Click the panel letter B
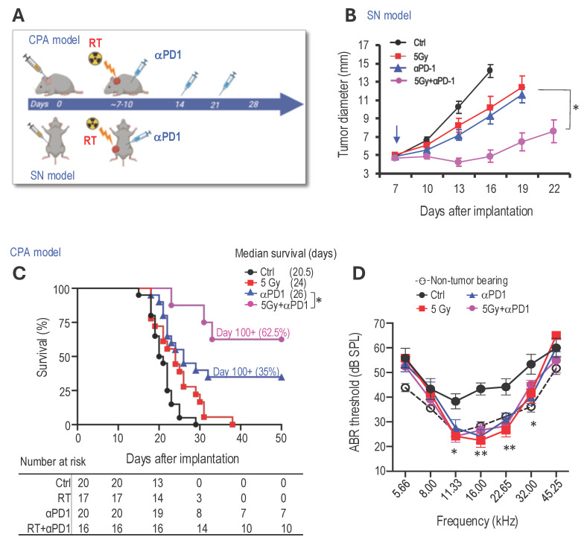pyautogui.click(x=351, y=15)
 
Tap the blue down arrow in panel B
pyautogui.click(x=396, y=134)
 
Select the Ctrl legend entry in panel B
pyautogui.click(x=408, y=42)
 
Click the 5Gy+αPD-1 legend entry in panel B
pyautogui.click(x=422, y=80)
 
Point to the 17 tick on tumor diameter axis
pyautogui.click(x=364, y=45)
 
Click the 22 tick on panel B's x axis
pyautogui.click(x=554, y=189)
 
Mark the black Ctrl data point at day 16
pyautogui.click(x=490, y=70)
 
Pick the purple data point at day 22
pyautogui.click(x=553, y=131)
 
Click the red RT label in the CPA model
pyautogui.click(x=95, y=43)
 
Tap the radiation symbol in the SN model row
pyautogui.click(x=92, y=124)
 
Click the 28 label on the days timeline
pyautogui.click(x=253, y=104)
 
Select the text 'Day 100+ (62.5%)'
pyautogui.click(x=253, y=332)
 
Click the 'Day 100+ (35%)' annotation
pyautogui.click(x=246, y=371)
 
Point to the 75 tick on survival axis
pyautogui.click(x=64, y=323)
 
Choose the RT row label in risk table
pyautogui.click(x=64, y=498)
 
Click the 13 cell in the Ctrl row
pyautogui.click(x=158, y=483)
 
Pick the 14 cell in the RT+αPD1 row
pyautogui.click(x=202, y=528)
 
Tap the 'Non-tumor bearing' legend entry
pyautogui.click(x=462, y=280)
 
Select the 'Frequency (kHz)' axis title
pyautogui.click(x=477, y=521)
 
